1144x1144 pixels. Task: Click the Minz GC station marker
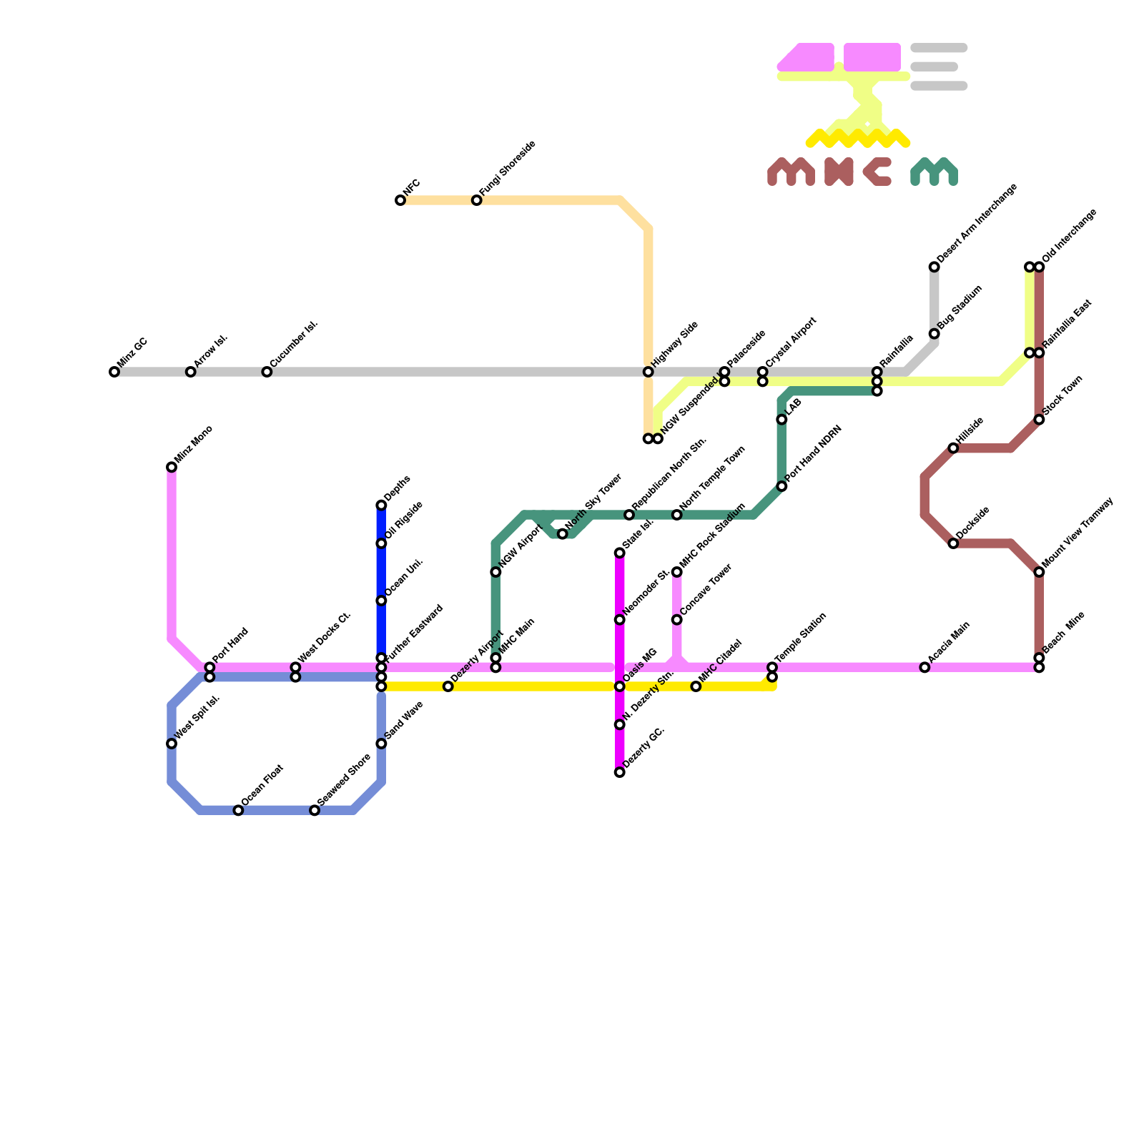pyautogui.click(x=114, y=372)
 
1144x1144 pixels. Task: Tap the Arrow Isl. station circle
pyautogui.click(x=190, y=372)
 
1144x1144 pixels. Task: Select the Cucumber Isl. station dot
pyautogui.click(x=267, y=372)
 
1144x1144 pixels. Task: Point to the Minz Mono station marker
pyautogui.click(x=172, y=468)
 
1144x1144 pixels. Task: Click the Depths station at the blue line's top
pyautogui.click(x=381, y=506)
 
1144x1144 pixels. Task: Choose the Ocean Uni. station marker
pyautogui.click(x=381, y=601)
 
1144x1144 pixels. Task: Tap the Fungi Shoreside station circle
pyautogui.click(x=476, y=200)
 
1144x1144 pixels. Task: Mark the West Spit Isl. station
pyautogui.click(x=172, y=744)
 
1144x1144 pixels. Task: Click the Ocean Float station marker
pyautogui.click(x=238, y=810)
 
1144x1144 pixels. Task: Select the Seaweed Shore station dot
pyautogui.click(x=315, y=810)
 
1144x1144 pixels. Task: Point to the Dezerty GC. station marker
pyautogui.click(x=619, y=772)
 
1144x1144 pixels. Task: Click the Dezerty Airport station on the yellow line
pyautogui.click(x=448, y=686)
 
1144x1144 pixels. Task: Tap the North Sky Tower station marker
pyautogui.click(x=562, y=534)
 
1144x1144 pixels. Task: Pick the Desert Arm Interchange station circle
pyautogui.click(x=934, y=267)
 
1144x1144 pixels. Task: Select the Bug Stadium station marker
pyautogui.click(x=934, y=334)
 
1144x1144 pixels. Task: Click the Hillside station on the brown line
pyautogui.click(x=953, y=448)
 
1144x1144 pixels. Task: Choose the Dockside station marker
pyautogui.click(x=953, y=543)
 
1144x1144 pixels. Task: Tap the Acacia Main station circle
pyautogui.click(x=924, y=667)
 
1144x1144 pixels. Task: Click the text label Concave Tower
pyautogui.click(x=706, y=589)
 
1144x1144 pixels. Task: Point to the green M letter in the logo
pyautogui.click(x=934, y=172)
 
